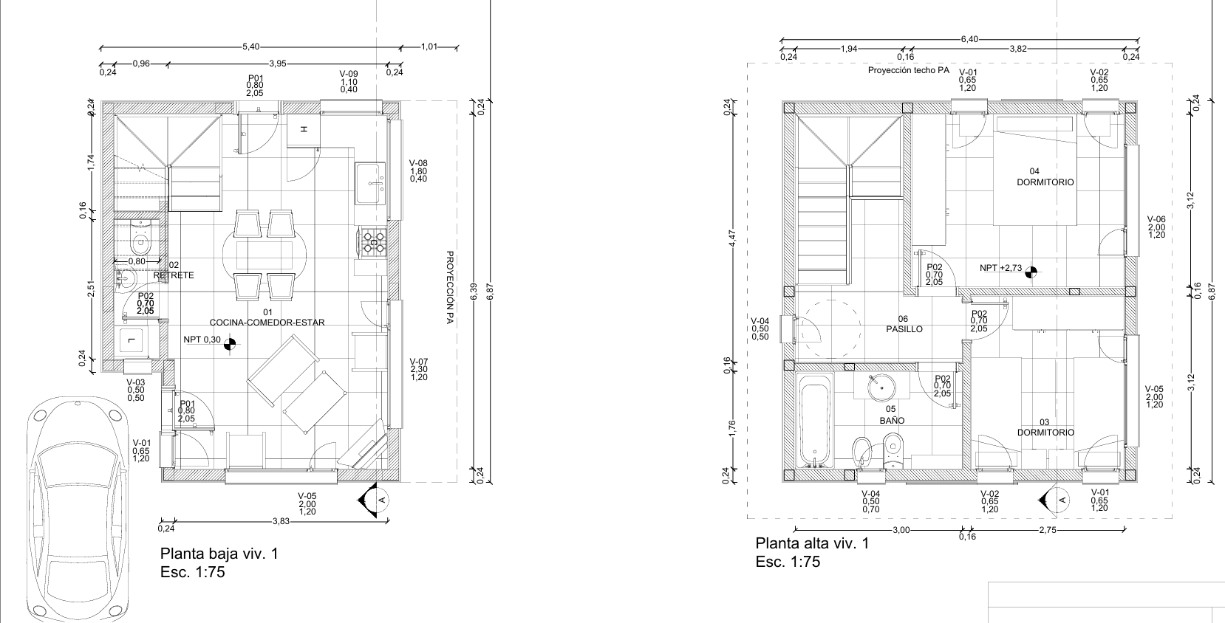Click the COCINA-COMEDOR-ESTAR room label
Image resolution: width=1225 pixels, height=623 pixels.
click(x=267, y=323)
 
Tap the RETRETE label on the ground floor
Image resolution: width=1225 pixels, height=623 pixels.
click(x=174, y=275)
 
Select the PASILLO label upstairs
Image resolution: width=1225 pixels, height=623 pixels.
click(x=904, y=329)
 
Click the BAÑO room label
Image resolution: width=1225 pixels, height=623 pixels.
click(x=892, y=421)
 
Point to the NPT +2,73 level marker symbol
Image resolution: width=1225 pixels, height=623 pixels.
click(x=1031, y=269)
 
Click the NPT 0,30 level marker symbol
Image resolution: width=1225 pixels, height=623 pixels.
click(x=230, y=343)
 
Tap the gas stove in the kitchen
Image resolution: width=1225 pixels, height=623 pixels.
click(x=373, y=242)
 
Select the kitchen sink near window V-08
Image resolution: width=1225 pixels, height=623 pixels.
click(x=370, y=182)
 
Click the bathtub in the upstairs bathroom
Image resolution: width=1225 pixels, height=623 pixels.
click(x=815, y=420)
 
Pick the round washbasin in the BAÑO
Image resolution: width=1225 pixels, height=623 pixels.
click(x=881, y=387)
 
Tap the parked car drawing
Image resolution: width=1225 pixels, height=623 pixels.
click(x=79, y=509)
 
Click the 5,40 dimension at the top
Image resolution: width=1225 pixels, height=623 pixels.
click(x=251, y=47)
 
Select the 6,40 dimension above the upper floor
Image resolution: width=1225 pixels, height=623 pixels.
click(x=969, y=39)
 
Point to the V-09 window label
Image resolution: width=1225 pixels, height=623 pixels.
click(x=349, y=73)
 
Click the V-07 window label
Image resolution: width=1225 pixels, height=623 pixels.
click(x=419, y=362)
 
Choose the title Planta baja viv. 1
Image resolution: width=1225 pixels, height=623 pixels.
click(x=219, y=554)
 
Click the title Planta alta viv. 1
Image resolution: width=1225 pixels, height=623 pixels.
click(x=812, y=543)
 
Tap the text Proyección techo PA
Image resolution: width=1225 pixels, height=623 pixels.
click(x=908, y=71)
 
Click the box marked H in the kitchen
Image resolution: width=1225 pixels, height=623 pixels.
click(x=304, y=130)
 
